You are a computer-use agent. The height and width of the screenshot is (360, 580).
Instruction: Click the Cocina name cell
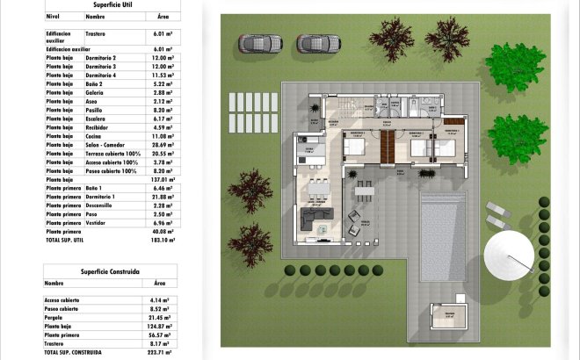pos(97,136)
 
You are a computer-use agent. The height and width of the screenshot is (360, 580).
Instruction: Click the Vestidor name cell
pos(98,223)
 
